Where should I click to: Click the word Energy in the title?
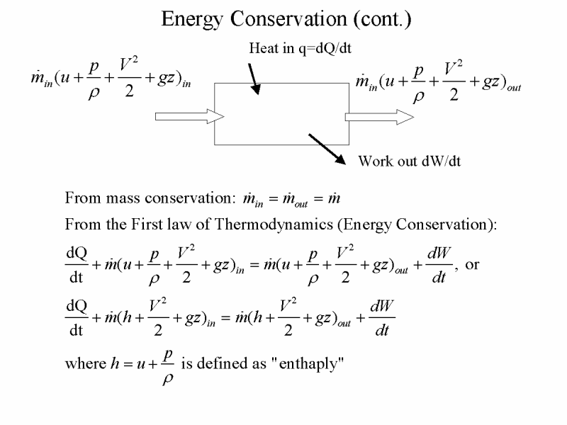tap(191, 20)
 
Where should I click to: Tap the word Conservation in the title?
tap(288, 18)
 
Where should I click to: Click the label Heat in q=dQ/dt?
tap(300, 48)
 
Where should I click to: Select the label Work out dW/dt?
tap(410, 161)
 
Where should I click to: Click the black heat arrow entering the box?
tap(254, 79)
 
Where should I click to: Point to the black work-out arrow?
tap(327, 149)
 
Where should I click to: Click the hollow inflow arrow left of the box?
tap(190, 116)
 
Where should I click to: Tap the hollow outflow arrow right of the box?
tap(379, 117)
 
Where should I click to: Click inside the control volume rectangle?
tap(281, 114)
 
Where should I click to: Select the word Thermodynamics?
tap(274, 225)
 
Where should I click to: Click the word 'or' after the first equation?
tap(472, 265)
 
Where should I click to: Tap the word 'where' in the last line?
tap(86, 363)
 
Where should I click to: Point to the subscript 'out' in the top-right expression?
tap(513, 88)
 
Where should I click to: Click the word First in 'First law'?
tap(147, 225)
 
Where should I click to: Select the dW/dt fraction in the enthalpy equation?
tap(382, 318)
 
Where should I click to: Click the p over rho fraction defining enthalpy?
tap(168, 368)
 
